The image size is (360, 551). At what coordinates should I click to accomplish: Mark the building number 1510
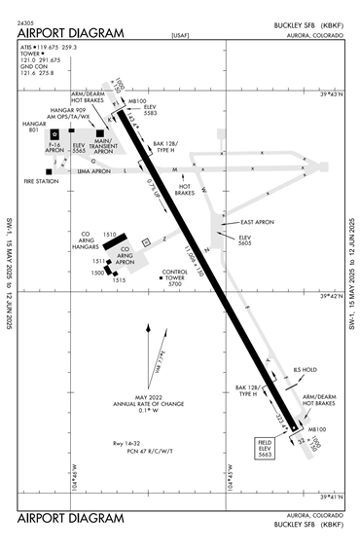point(110,235)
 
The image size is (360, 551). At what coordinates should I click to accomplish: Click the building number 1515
point(119,280)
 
